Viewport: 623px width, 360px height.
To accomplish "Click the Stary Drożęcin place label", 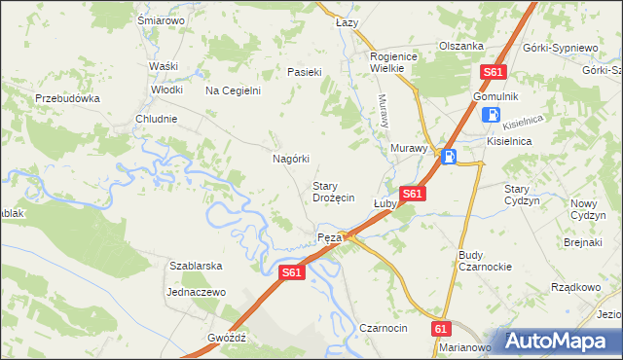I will [333, 192].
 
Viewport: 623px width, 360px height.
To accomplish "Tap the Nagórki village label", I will [290, 159].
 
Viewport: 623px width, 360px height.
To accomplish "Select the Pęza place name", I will [329, 238].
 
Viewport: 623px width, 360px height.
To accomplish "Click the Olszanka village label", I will [461, 46].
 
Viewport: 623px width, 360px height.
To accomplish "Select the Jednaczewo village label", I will [196, 291].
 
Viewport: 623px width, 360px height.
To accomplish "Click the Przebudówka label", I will [68, 98].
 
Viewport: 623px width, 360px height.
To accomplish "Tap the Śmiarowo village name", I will [162, 19].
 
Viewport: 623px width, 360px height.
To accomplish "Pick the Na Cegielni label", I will [233, 90].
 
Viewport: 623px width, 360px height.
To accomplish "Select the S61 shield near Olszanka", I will [494, 72].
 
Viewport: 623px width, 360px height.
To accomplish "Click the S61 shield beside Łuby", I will [412, 194].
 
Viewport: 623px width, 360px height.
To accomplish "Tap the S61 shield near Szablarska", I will [292, 273].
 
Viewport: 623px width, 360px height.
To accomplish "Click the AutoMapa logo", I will [558, 340].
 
